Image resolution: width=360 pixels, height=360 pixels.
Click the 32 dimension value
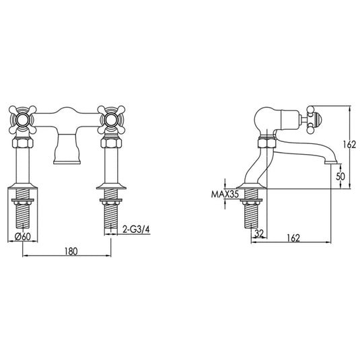tap(259, 233)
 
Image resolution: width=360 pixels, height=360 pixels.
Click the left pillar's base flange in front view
tap(24, 188)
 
